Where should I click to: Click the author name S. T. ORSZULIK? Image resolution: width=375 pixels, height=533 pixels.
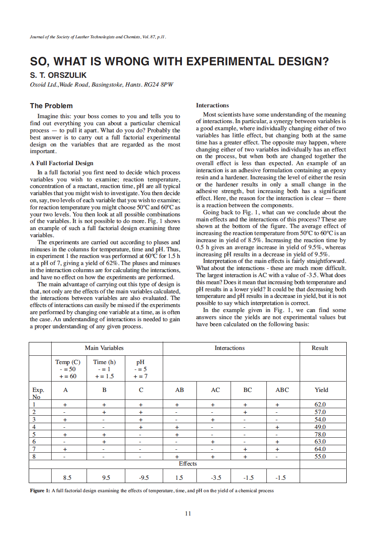click(59, 75)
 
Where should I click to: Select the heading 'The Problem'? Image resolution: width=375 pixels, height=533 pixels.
click(51, 106)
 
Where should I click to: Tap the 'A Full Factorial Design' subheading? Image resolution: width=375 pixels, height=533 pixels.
click(62, 163)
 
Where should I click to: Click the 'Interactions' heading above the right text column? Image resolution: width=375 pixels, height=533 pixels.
click(212, 105)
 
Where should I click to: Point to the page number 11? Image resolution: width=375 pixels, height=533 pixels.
click(188, 513)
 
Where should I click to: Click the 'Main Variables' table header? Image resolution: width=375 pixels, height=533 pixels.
click(104, 348)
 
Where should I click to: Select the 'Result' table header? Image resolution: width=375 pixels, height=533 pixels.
click(320, 348)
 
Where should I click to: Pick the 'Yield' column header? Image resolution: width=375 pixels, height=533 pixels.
click(321, 390)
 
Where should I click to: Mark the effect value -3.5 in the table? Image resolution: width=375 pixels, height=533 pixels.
click(216, 478)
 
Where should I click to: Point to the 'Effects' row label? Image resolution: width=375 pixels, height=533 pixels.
click(188, 464)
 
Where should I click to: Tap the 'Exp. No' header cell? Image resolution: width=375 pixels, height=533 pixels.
click(38, 393)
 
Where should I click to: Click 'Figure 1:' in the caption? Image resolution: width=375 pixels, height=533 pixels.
click(40, 491)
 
